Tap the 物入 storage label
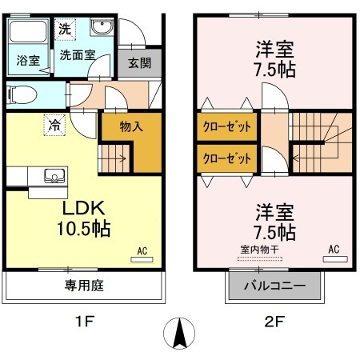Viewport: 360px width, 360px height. point(132,126)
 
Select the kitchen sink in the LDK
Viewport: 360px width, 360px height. point(54,175)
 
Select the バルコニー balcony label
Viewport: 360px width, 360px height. point(274,286)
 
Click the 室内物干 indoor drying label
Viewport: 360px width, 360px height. point(257,249)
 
